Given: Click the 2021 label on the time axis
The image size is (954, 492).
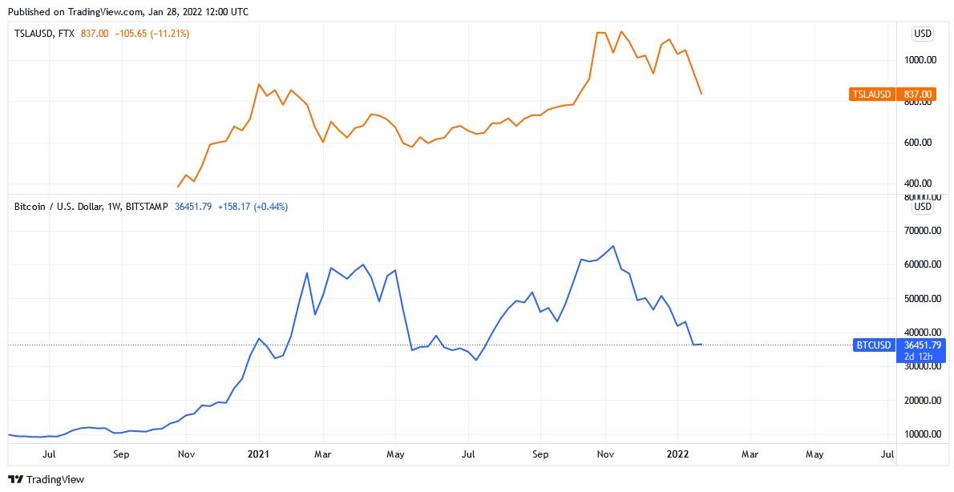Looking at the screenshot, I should [x=259, y=454].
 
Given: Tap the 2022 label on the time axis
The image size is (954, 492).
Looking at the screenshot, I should [x=678, y=454].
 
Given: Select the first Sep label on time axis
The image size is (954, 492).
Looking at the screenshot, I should [x=121, y=454].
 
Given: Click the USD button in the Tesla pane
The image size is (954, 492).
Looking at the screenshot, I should [x=923, y=34].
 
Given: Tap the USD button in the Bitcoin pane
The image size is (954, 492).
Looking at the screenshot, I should [x=923, y=207].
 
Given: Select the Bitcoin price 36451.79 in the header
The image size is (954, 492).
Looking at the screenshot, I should [x=192, y=207].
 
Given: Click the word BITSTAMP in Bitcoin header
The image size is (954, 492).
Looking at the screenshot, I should [x=147, y=207].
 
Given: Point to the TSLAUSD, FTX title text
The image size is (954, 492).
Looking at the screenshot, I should [x=45, y=34].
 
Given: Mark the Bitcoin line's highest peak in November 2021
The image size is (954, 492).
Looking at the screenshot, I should [x=613, y=246].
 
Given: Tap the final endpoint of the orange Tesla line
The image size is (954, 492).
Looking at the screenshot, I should [x=701, y=94].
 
